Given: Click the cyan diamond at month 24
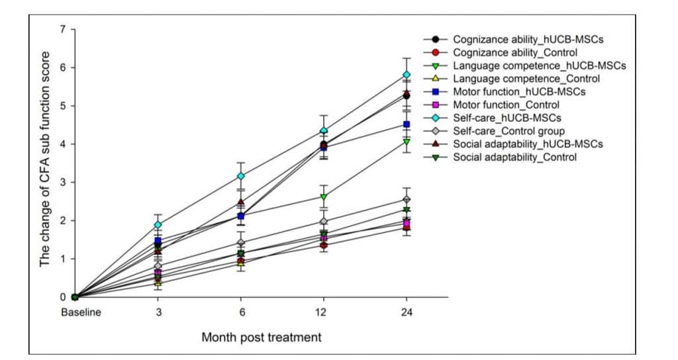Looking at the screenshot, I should click(407, 75).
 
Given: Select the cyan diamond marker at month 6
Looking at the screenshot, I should click(241, 176).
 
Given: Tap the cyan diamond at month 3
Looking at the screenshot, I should click(158, 225).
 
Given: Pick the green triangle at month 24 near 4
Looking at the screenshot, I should click(407, 142).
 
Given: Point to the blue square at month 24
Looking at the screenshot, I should click(407, 124).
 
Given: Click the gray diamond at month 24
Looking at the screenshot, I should click(407, 199).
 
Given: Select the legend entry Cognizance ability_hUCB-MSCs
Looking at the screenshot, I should click(528, 40).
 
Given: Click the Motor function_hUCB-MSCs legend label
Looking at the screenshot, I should click(519, 92).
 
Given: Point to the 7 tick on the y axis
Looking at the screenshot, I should click(64, 29).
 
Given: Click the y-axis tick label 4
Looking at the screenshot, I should click(64, 144).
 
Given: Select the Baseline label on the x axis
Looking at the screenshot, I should click(81, 312).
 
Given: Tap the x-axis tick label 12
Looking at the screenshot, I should click(324, 312).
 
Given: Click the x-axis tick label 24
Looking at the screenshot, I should click(407, 312).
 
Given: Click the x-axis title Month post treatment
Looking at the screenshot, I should click(262, 337).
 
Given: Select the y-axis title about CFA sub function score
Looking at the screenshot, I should click(45, 163).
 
